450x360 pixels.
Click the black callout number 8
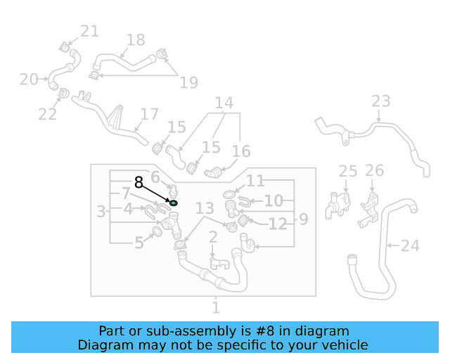coord(139,183)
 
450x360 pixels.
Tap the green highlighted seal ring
coord(174,203)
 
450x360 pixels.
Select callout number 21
coord(89,31)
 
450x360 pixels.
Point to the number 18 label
coord(135,40)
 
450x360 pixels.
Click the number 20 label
coord(29,79)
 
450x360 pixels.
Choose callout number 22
coord(48,114)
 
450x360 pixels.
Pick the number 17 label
coord(150,114)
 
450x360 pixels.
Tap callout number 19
coord(188,83)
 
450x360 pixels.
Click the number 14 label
coord(224,104)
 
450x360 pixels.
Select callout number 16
coord(241,151)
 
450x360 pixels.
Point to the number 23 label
coord(380,101)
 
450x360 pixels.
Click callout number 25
coord(348,171)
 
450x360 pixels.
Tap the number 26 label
coord(375,170)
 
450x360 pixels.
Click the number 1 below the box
coord(216,307)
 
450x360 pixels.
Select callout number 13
coord(204,208)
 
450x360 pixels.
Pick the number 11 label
coord(255,181)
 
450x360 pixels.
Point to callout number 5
coord(139,243)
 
